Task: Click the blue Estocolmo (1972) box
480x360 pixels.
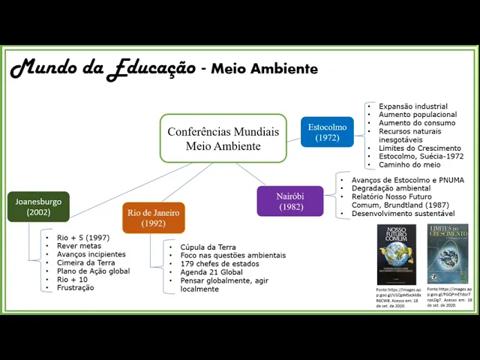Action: pos(327,133)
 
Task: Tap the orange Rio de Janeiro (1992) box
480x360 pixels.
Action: pos(153,217)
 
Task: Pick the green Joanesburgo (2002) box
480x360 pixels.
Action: pos(38,206)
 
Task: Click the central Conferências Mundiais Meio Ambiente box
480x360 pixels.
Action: pos(223,138)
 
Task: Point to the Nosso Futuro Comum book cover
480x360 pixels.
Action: pos(396,254)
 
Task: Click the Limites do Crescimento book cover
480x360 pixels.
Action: pos(447,254)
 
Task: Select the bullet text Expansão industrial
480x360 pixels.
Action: pos(412,106)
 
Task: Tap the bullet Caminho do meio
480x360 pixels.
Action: pos(409,164)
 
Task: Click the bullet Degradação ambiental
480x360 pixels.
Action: pos(385,188)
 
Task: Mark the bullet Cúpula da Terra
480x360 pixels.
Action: pos(208,247)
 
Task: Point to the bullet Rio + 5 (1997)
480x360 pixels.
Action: pos(82,238)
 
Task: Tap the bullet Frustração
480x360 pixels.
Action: pos(75,287)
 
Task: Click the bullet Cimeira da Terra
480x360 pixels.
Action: pos(85,262)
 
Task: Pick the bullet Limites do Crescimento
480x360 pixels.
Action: pos(419,148)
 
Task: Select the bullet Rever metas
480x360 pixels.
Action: pos(79,246)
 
